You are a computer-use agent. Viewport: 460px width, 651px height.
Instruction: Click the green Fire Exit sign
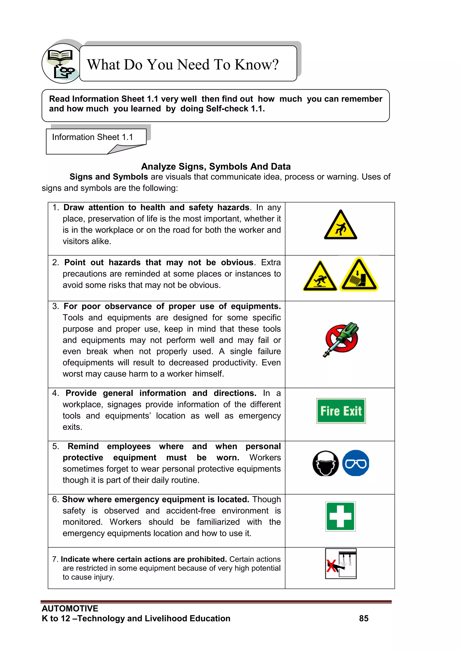(341, 411)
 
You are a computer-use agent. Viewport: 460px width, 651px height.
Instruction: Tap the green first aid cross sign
(340, 516)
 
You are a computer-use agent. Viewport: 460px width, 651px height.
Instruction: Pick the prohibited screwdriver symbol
(341, 339)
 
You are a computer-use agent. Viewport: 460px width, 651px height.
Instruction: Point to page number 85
(364, 618)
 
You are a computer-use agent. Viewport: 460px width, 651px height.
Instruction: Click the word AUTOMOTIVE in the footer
(70, 608)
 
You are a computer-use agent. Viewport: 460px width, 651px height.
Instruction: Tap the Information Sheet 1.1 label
(92, 137)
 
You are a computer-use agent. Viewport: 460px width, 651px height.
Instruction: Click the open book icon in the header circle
(60, 55)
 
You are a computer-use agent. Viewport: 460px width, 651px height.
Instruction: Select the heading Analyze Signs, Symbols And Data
(216, 166)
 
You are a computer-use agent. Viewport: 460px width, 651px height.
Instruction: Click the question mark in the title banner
(274, 65)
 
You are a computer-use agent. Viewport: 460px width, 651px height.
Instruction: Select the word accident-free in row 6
(191, 511)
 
